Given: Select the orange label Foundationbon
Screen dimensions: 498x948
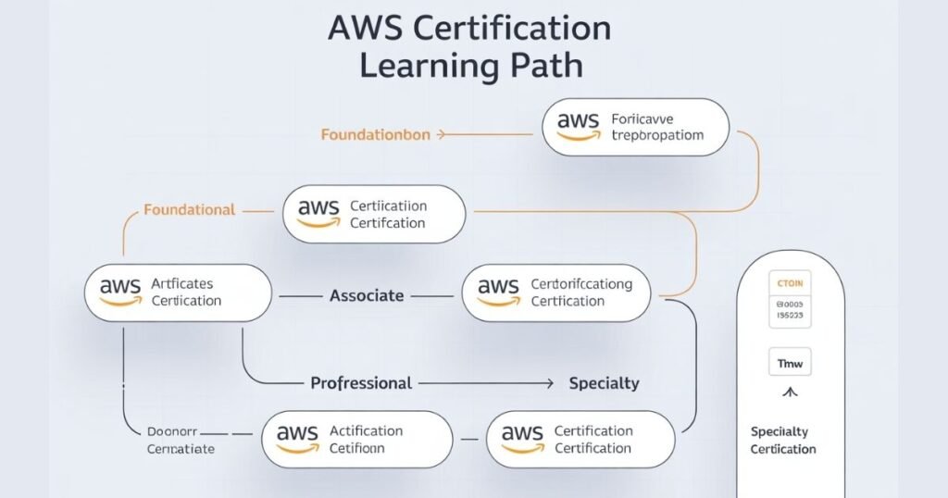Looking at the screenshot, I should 375,134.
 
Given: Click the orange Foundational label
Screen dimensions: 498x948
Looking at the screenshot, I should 189,210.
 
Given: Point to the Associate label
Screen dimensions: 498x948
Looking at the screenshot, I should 367,295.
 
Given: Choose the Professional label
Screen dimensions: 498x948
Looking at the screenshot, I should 361,382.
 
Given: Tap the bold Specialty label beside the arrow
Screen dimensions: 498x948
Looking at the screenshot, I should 604,382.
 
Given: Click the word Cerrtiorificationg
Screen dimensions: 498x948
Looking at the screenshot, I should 581,284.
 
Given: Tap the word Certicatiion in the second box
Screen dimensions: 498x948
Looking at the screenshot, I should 389,206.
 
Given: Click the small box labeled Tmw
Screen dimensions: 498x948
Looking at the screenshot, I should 790,364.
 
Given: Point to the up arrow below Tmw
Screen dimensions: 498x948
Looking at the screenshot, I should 790,392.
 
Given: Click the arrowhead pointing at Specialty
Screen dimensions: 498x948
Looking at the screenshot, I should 550,382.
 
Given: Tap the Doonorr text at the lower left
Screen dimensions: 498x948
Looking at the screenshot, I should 174,431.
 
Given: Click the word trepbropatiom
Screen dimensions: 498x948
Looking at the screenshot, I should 657,135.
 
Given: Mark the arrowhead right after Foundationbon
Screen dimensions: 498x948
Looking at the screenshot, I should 441,134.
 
